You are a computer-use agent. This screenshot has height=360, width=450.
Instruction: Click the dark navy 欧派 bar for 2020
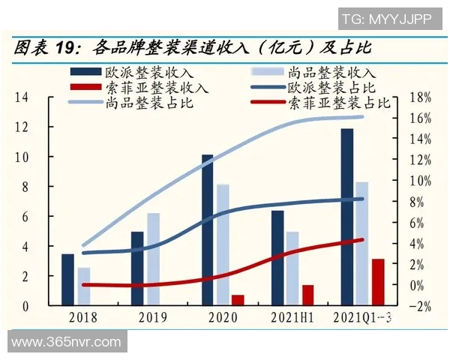207,230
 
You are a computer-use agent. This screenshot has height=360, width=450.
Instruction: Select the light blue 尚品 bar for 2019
153,259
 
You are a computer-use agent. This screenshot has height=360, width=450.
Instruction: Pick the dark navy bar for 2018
67,280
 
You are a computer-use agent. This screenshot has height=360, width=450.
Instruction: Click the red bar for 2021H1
307,295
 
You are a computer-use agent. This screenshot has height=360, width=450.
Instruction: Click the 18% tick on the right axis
422,97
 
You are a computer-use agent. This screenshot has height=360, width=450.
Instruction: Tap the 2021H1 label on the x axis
292,318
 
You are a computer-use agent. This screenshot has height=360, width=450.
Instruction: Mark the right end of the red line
362,240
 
